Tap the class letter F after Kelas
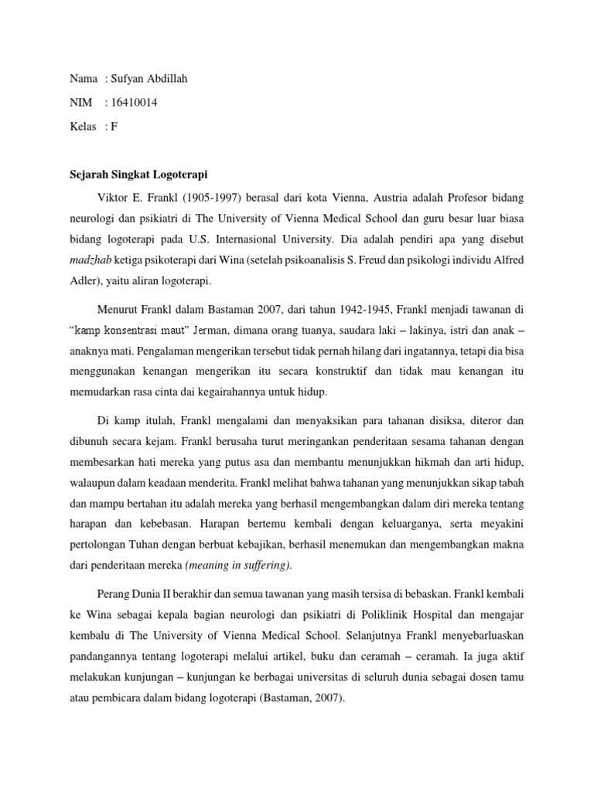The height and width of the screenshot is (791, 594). click(114, 127)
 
